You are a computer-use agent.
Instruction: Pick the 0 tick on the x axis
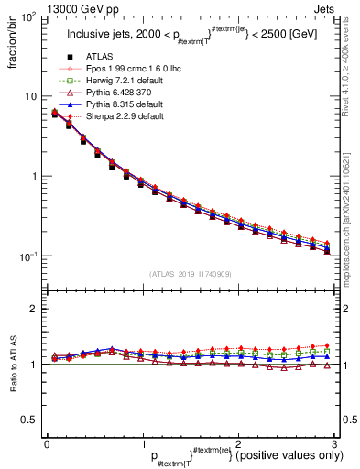click(x=47, y=444)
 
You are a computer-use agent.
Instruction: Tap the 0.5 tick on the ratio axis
click(x=30, y=420)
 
